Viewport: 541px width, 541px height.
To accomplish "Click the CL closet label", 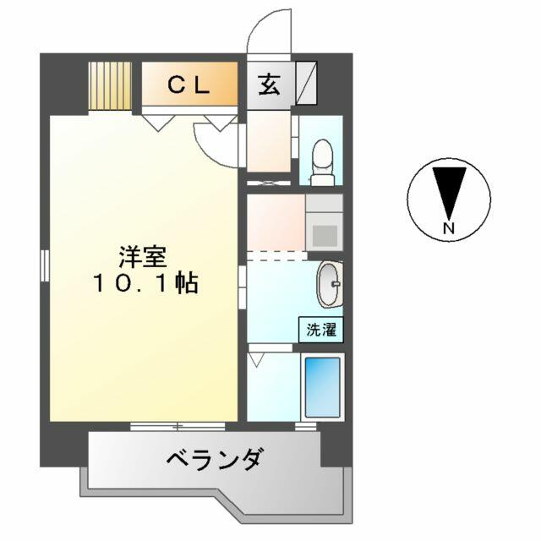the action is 189,85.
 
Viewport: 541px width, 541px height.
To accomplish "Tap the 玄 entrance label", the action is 270,85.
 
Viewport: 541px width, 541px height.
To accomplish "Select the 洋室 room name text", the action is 143,257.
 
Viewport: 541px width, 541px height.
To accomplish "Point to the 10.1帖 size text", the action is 145,283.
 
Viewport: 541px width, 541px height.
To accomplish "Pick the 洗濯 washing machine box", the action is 321,330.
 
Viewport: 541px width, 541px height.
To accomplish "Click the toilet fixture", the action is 323,162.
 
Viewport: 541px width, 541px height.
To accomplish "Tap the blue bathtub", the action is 323,387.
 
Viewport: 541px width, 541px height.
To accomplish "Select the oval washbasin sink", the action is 331,284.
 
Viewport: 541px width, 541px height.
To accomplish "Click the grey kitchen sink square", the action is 325,236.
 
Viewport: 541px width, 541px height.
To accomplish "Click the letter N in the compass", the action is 449,227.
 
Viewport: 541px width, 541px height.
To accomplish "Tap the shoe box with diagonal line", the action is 307,83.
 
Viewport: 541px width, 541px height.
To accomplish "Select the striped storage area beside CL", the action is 110,86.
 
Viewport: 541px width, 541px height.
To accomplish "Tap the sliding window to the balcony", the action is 178,426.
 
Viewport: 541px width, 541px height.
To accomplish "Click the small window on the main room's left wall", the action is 45,265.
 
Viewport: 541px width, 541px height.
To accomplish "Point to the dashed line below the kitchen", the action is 277,256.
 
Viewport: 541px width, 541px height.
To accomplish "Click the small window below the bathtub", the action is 306,426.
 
